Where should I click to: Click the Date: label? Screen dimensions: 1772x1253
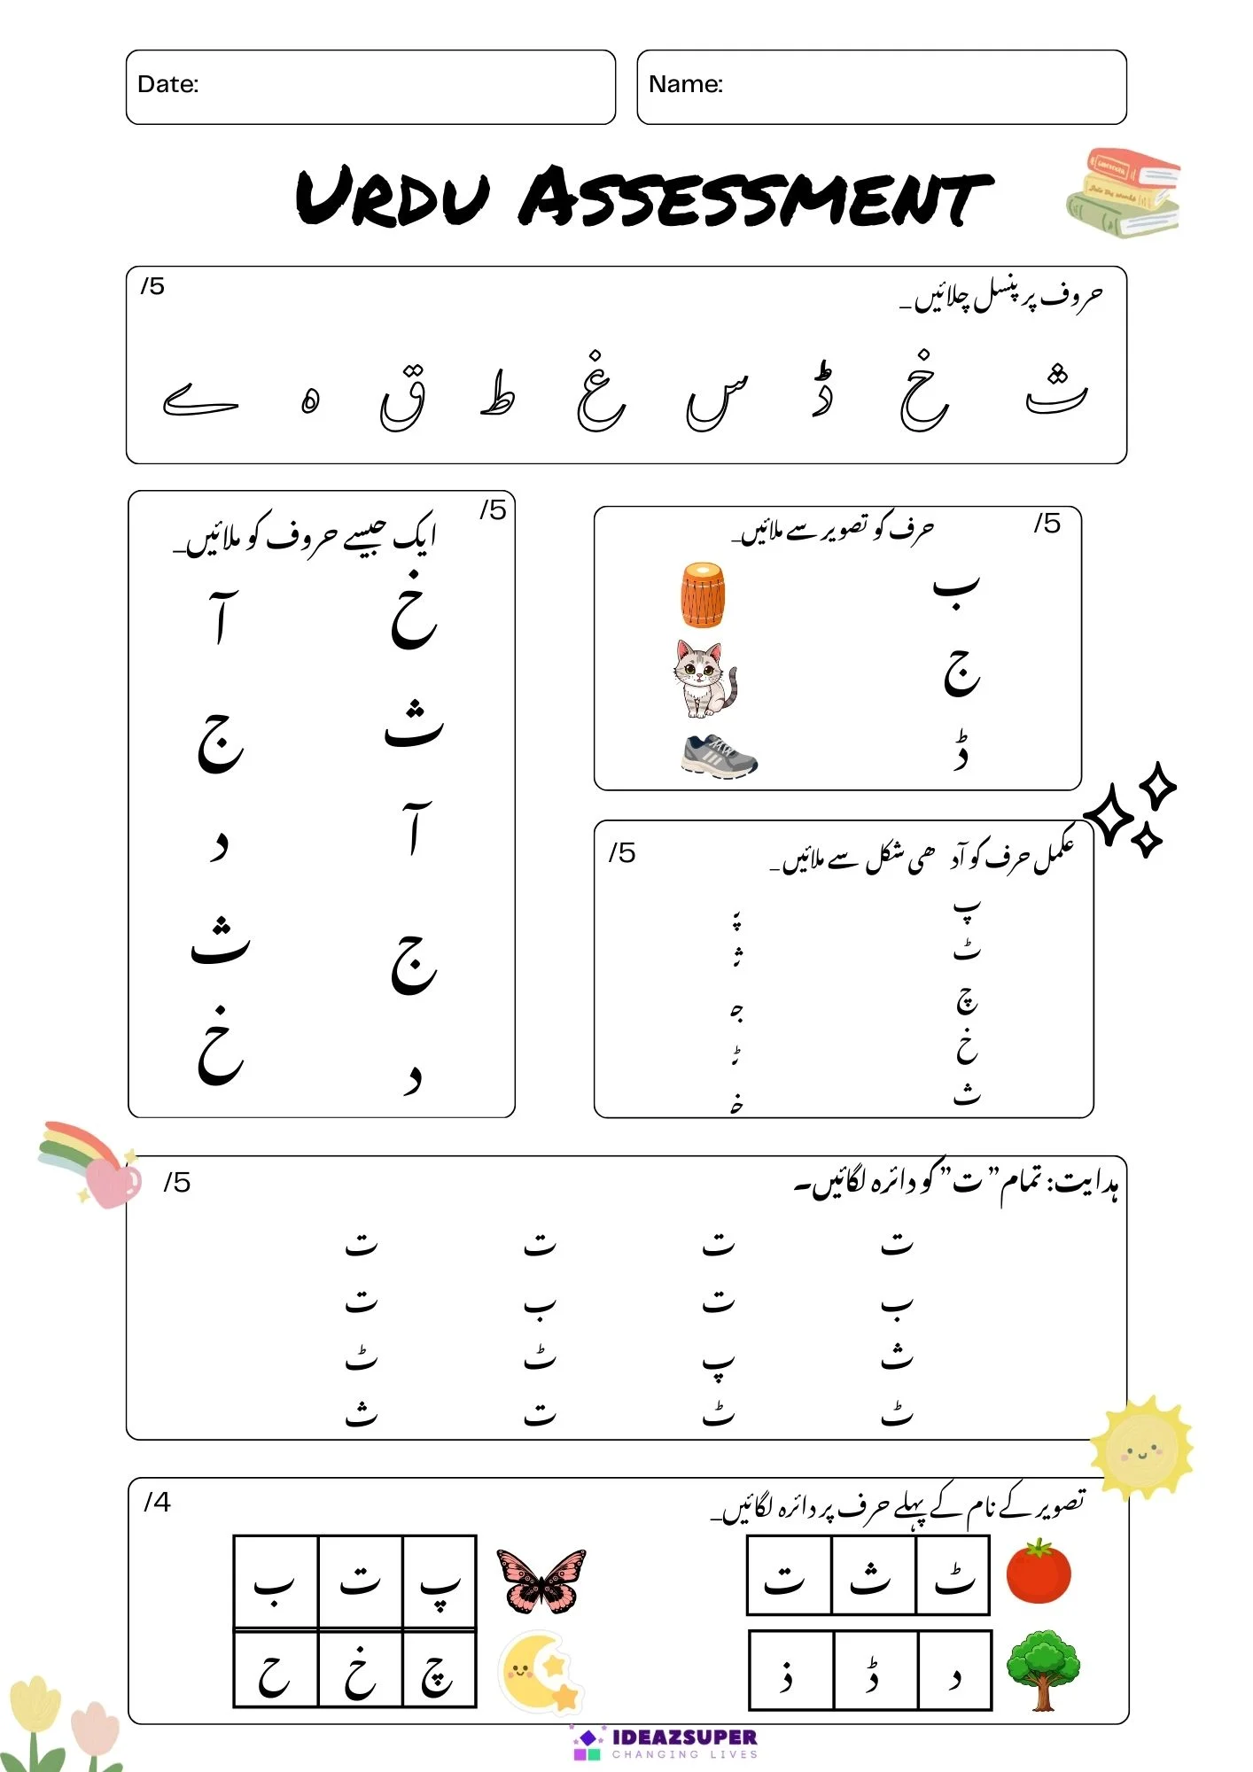click(168, 84)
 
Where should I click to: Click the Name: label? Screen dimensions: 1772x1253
click(686, 84)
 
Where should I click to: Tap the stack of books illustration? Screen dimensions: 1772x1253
click(1124, 193)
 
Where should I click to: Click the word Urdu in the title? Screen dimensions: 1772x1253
click(392, 197)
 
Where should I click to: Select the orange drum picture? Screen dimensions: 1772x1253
click(703, 596)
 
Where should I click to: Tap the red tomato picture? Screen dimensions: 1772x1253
click(1039, 1573)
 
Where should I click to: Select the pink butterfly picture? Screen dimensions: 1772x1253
click(541, 1581)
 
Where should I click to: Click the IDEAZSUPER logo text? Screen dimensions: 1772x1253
click(684, 1737)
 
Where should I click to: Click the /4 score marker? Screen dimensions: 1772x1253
click(157, 1502)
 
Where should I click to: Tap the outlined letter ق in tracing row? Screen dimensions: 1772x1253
click(403, 399)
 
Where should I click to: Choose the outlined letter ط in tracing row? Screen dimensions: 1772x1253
click(497, 395)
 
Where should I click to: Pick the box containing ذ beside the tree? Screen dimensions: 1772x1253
click(790, 1671)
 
